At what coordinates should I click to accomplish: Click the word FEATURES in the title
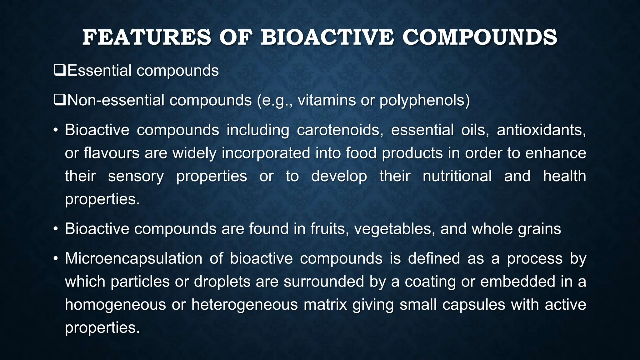point(147,37)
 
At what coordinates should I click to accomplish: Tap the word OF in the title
point(236,37)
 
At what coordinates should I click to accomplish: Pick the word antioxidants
point(541,130)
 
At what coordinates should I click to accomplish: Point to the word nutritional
point(457,176)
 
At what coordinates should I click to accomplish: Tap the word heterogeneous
point(245,305)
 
